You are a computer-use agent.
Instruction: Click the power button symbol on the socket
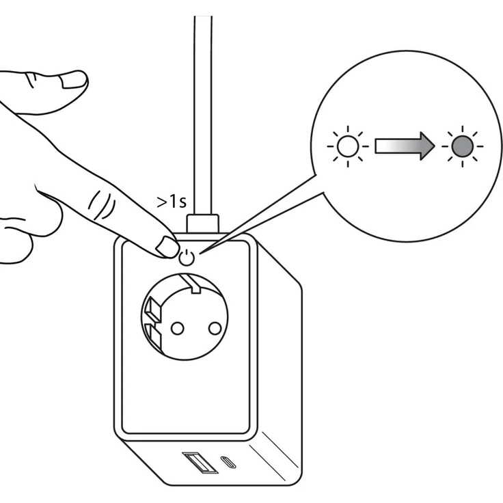(x=187, y=258)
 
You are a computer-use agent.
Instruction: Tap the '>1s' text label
(x=172, y=202)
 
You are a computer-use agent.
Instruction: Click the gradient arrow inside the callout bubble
(x=405, y=146)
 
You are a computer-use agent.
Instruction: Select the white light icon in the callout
(x=348, y=146)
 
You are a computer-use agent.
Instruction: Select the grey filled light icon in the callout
(x=462, y=146)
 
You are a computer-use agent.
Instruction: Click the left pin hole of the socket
(x=178, y=328)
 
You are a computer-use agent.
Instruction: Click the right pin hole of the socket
(x=215, y=328)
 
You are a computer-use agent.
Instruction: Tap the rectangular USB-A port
(x=200, y=463)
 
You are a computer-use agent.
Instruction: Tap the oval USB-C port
(x=228, y=462)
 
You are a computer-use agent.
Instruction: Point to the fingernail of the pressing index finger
(x=167, y=247)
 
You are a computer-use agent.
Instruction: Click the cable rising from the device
(x=203, y=115)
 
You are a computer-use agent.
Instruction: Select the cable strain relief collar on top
(x=203, y=223)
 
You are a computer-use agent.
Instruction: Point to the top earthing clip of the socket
(x=191, y=283)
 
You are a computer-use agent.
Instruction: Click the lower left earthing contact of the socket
(x=152, y=338)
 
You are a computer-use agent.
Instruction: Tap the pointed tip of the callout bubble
(x=201, y=253)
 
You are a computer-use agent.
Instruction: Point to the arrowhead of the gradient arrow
(x=428, y=146)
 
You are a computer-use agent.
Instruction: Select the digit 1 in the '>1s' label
(x=172, y=202)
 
